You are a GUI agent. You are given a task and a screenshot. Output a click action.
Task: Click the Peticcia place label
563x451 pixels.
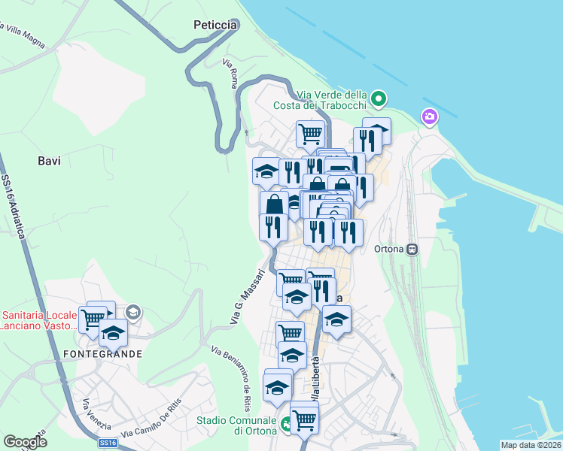point(215,25)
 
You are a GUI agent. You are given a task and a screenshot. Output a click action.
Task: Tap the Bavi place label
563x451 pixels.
point(49,160)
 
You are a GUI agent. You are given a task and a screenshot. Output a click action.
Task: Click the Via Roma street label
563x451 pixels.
point(230,74)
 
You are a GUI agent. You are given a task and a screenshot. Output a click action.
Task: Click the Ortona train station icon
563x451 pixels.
point(412,250)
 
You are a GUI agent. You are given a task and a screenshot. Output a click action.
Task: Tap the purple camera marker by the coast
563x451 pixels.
point(429,117)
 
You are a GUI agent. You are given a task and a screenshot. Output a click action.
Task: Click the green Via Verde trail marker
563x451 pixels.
point(379,98)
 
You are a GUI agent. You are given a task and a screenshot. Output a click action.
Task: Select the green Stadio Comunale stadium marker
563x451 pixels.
point(286,425)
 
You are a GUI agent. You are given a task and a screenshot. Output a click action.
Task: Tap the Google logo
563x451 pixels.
point(25,442)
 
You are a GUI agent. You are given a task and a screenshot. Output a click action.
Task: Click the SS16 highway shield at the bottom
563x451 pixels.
point(108,443)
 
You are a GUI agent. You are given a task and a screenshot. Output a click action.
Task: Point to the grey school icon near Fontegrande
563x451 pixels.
point(133,312)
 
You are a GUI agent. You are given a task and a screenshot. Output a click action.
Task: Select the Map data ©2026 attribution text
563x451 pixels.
point(531,445)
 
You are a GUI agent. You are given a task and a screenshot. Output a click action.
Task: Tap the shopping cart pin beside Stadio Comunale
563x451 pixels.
point(304,418)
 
